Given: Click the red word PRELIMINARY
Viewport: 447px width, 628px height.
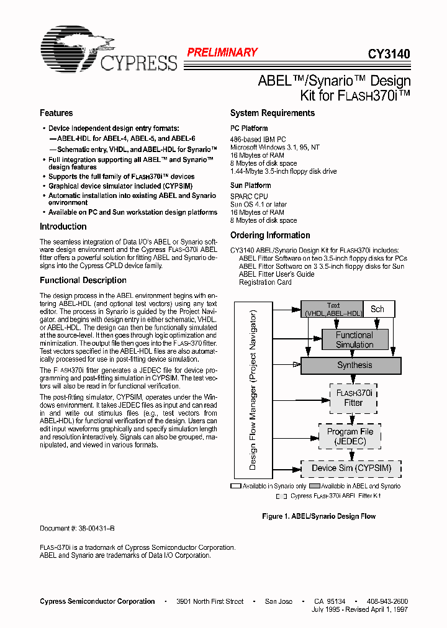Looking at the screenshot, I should [x=222, y=53].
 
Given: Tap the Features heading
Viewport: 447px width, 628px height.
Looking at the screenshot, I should [x=56, y=113].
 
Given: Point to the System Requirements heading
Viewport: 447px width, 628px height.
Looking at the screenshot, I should [x=272, y=113].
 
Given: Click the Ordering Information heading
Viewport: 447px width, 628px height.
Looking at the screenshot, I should [x=270, y=235].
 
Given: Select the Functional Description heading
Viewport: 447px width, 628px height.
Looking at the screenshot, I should [x=83, y=280].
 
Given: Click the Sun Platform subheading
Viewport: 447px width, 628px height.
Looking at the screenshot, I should [x=250, y=185].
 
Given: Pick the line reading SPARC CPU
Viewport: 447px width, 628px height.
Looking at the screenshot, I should [x=249, y=196].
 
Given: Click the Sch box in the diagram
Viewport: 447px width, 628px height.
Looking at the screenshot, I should [x=377, y=309].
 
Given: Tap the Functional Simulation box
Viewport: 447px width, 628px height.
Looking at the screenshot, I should [x=354, y=339].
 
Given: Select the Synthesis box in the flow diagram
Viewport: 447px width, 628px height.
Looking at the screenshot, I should [x=354, y=366].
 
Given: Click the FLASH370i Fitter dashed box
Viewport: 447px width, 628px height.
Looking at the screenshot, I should [x=353, y=398].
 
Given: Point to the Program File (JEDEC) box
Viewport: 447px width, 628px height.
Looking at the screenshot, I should [x=351, y=436].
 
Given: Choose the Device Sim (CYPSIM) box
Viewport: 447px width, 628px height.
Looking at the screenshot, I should [x=351, y=468].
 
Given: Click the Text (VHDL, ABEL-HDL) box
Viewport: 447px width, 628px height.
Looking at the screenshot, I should [x=333, y=309].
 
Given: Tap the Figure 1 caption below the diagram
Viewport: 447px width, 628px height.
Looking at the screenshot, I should [x=318, y=516].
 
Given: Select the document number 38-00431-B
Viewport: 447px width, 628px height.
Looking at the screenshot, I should [x=77, y=528].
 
